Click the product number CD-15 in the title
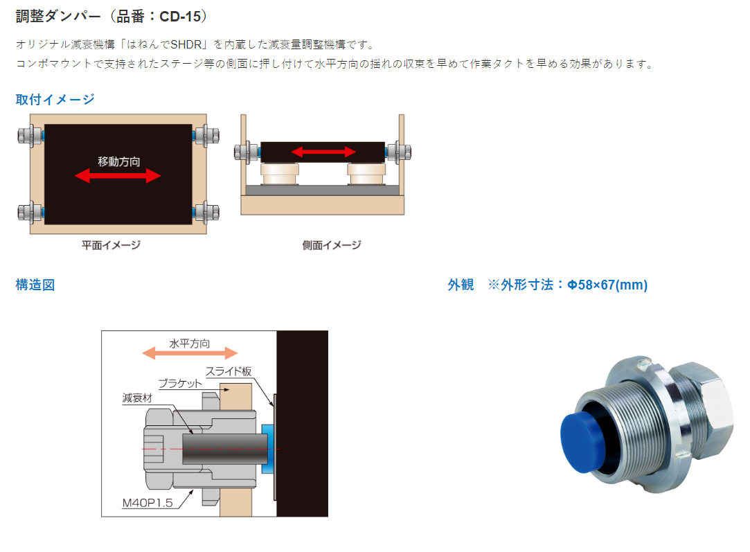(180, 17)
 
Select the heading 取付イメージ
(55, 100)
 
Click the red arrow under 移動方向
(118, 176)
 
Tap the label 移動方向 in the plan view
(118, 161)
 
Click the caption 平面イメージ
(111, 245)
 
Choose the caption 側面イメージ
(332, 245)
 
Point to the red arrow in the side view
(323, 152)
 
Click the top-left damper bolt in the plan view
(30, 136)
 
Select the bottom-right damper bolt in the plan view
(206, 212)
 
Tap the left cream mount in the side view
(279, 174)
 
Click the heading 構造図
(35, 285)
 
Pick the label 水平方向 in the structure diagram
(190, 344)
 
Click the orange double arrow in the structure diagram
(190, 353)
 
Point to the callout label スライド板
(229, 371)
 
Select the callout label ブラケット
(180, 384)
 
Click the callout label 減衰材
(137, 398)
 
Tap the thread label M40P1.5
(148, 503)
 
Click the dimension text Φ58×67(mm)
(607, 285)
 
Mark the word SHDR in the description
(186, 45)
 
